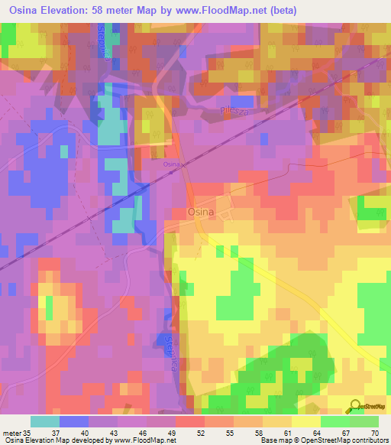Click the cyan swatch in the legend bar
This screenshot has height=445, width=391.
(45, 421)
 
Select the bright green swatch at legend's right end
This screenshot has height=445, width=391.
(364, 421)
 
